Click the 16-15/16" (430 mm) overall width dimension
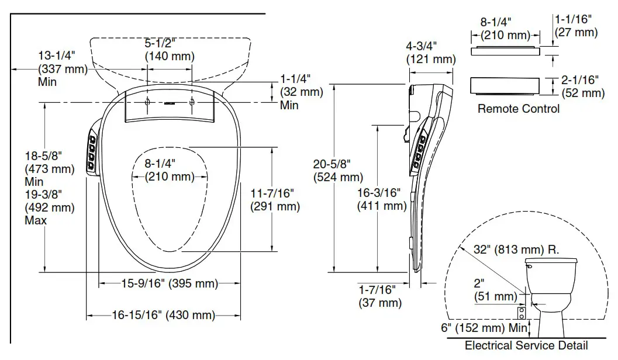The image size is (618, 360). click(x=164, y=316)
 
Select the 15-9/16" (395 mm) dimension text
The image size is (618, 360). click(x=170, y=284)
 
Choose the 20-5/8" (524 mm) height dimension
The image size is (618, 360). click(x=338, y=171)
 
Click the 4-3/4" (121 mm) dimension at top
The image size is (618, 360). click(x=430, y=53)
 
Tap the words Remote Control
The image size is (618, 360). click(x=518, y=109)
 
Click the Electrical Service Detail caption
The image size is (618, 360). click(x=526, y=345)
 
